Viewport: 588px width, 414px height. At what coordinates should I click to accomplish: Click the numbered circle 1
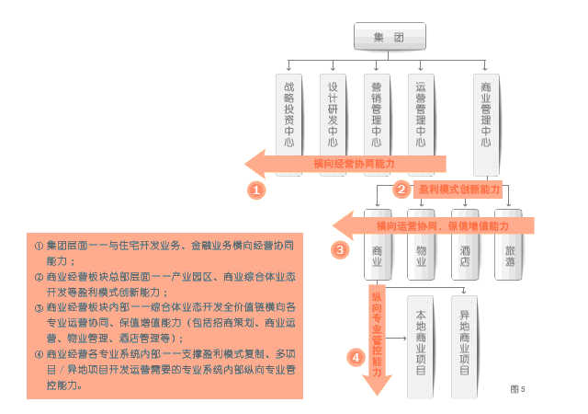tap(256, 190)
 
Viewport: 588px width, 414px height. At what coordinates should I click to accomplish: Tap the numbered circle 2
tap(401, 190)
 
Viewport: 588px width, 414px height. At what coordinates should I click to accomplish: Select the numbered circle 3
tap(340, 249)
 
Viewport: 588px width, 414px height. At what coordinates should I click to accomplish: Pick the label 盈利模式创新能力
tap(458, 190)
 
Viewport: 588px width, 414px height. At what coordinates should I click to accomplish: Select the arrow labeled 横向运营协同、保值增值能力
tap(432, 224)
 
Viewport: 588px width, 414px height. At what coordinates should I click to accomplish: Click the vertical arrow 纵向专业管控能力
tap(376, 336)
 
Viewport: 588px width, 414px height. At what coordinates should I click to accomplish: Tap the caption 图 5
tap(517, 389)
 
